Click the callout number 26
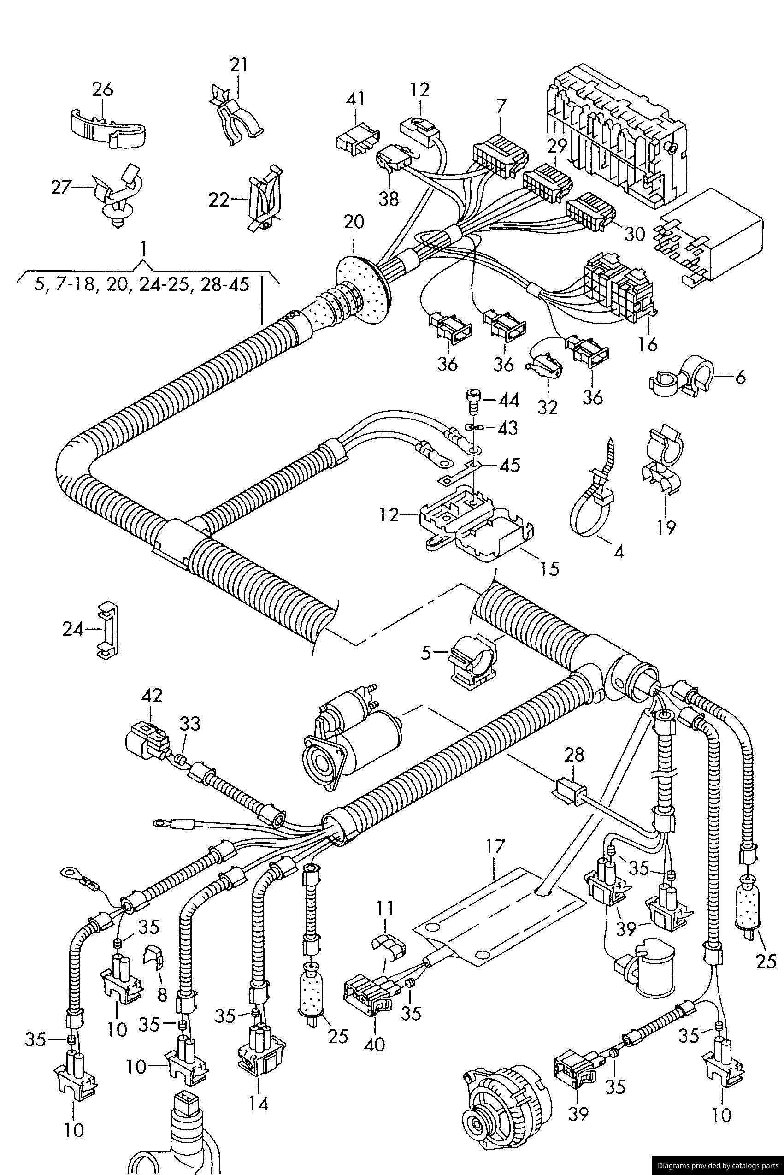102,89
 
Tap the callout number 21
238,65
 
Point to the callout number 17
495,846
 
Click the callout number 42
152,695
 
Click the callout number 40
375,1044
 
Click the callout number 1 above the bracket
143,249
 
